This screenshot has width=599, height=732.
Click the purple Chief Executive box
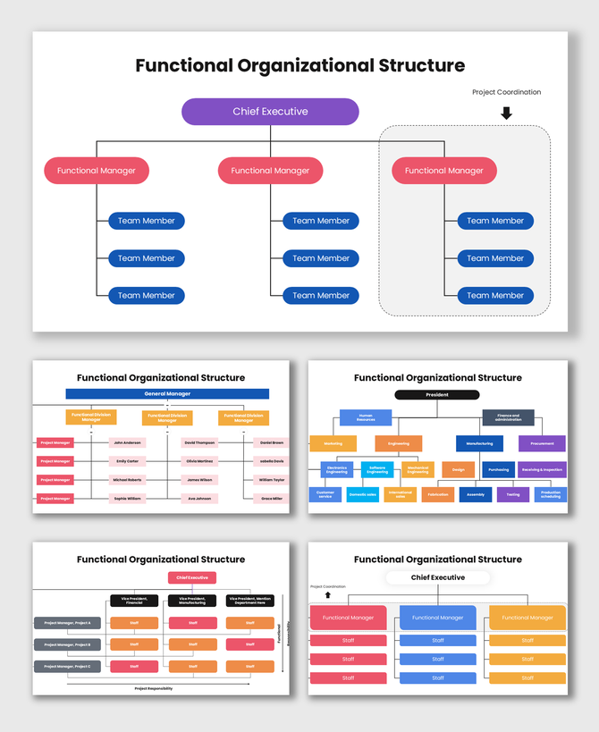pos(270,112)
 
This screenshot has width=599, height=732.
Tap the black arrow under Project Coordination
pos(506,114)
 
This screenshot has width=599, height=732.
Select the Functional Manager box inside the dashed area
pos(443,171)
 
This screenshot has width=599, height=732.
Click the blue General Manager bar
pos(167,393)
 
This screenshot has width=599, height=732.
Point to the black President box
pos(437,394)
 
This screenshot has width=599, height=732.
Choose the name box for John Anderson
pos(127,442)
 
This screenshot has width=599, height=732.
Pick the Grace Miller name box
pos(272,499)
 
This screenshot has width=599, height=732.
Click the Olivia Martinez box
pos(199,461)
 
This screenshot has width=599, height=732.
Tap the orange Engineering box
pos(399,443)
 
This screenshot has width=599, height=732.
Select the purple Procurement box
pos(542,443)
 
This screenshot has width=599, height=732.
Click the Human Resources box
pos(366,417)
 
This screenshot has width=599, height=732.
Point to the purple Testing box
pos(513,494)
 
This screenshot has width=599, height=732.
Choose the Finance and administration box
pos(508,417)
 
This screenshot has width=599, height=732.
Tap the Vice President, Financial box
pos(134,601)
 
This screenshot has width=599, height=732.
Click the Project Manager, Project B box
pos(68,644)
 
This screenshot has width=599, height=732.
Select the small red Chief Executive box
pos(192,578)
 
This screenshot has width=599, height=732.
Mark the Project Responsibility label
pos(154,688)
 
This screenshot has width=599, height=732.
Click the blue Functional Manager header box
pos(438,618)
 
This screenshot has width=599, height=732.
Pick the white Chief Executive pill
pos(438,578)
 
